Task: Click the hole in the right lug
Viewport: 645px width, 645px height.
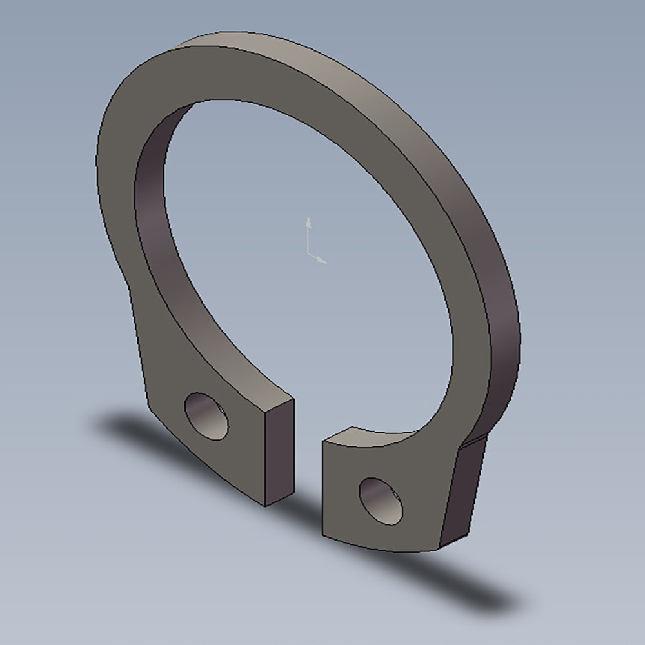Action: coord(381,500)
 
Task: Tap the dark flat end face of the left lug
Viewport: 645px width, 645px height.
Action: coord(279,451)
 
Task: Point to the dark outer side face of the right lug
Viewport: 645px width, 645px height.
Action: coord(463,490)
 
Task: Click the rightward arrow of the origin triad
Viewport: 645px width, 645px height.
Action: coord(322,261)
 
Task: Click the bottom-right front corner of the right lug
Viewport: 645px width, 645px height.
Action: coord(439,548)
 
